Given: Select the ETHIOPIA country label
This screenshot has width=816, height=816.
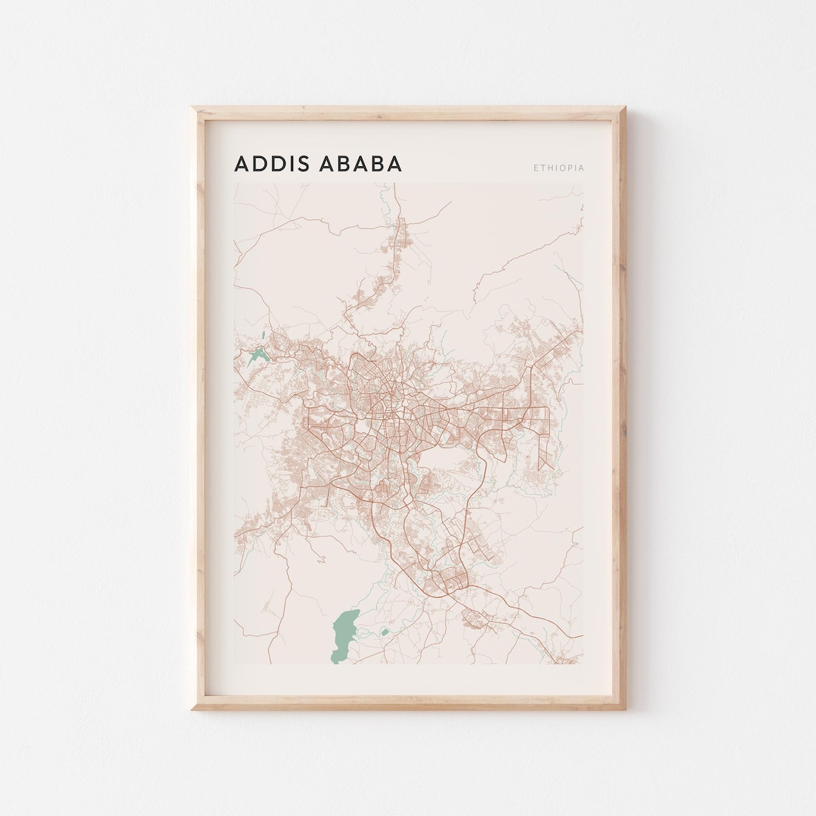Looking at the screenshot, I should coord(559,168).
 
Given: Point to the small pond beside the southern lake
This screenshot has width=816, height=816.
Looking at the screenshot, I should coord(384,632).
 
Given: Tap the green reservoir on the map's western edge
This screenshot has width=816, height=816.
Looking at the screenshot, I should coord(255,353).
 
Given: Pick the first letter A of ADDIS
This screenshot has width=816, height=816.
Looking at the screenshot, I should coord(243,164).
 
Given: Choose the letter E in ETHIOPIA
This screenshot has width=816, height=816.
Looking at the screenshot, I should coord(536,168).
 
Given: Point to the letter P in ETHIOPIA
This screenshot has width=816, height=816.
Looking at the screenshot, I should coord(569,168).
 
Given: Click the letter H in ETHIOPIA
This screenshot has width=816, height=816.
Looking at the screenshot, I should coord(549,168).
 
